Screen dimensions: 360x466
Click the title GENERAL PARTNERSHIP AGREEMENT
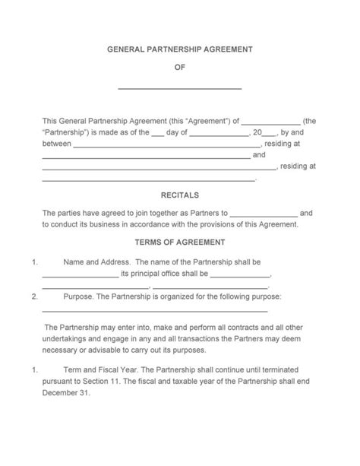[179, 49]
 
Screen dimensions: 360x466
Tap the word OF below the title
[180, 68]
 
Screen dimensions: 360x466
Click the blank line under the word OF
[180, 88]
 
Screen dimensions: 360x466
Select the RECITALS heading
[180, 195]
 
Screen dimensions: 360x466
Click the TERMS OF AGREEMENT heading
[180, 243]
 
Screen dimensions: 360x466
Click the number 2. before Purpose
[35, 296]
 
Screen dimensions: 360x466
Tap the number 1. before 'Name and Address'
[35, 262]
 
